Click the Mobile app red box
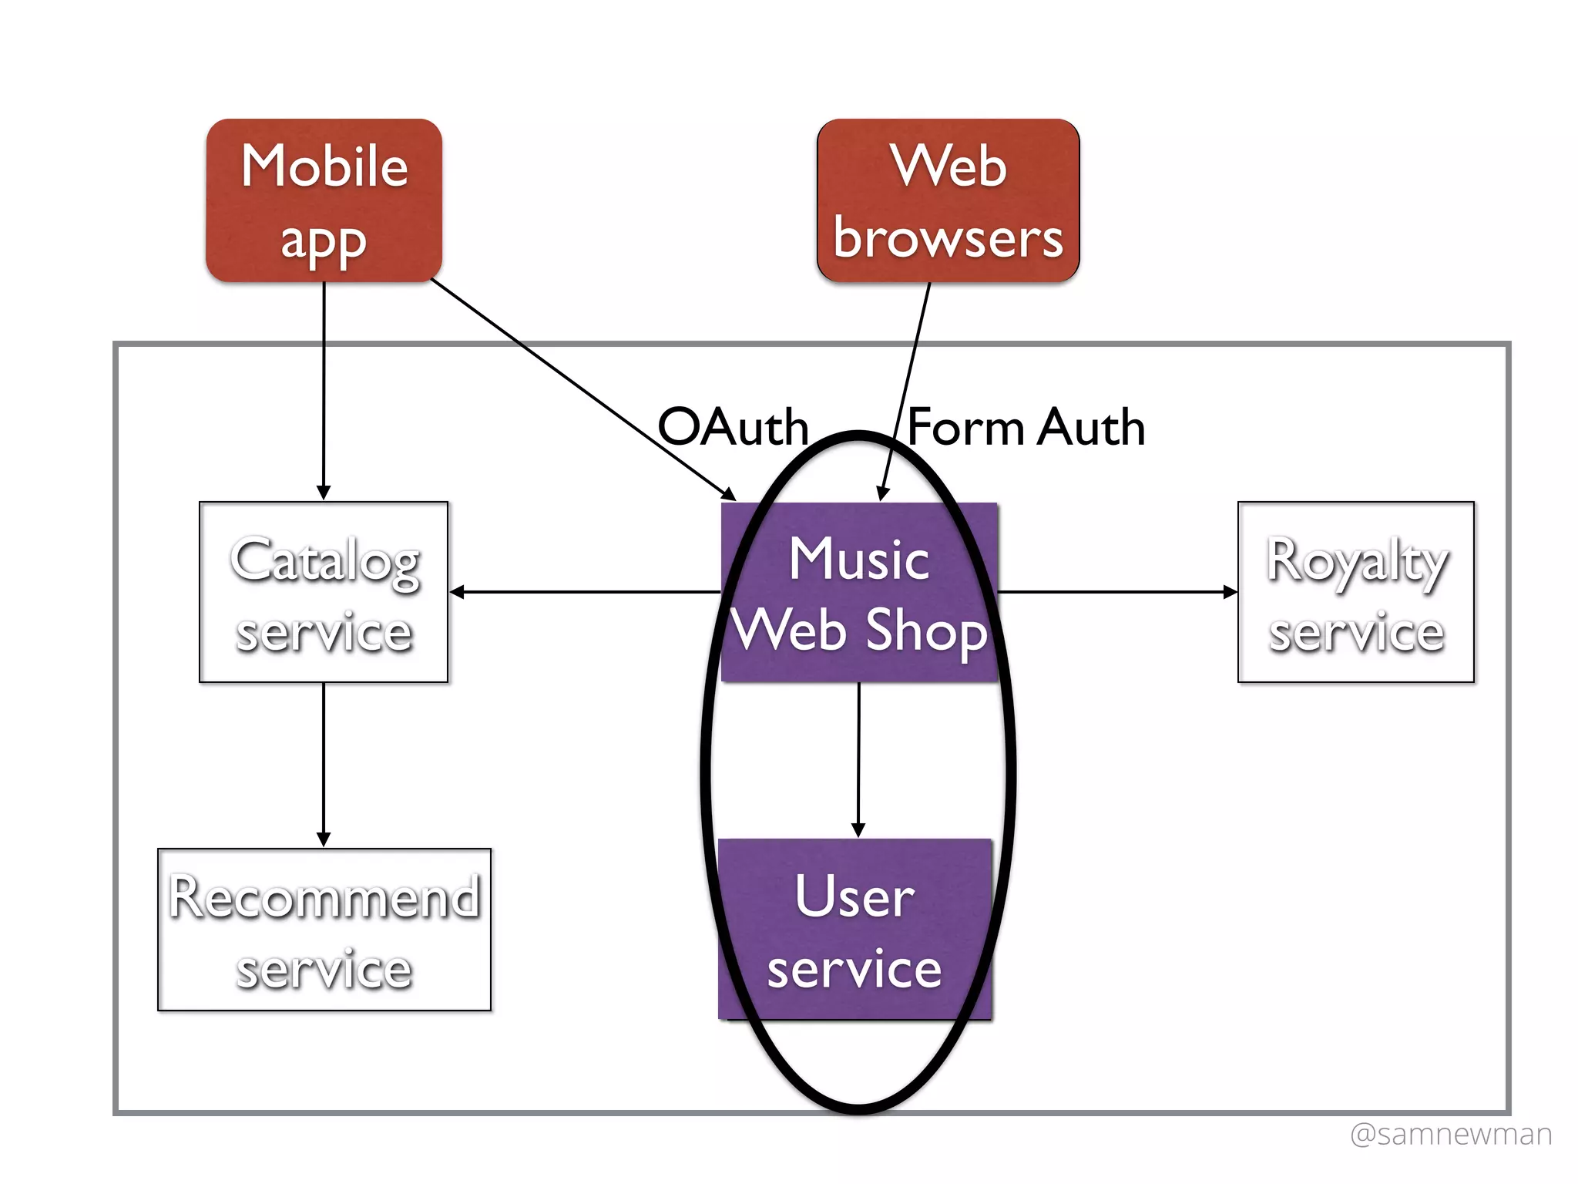(324, 200)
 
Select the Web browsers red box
(948, 200)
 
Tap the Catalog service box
(324, 592)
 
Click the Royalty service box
(1356, 592)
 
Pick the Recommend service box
(324, 930)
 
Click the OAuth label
(732, 427)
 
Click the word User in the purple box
(855, 896)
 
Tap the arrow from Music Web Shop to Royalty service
(1117, 592)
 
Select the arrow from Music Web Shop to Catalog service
(586, 592)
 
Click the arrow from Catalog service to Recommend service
(324, 763)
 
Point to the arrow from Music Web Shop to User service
(858, 759)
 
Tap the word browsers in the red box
(948, 238)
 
